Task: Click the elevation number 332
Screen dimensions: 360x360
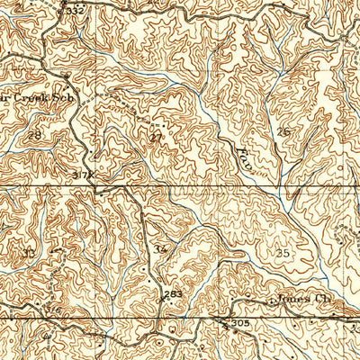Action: [75, 10]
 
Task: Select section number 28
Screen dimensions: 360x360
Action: [34, 134]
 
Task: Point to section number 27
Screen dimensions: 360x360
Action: [157, 137]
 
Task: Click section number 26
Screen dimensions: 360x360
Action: [283, 132]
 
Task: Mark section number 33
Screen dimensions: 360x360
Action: [29, 253]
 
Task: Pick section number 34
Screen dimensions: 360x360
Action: [160, 248]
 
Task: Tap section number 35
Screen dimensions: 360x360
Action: [283, 253]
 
